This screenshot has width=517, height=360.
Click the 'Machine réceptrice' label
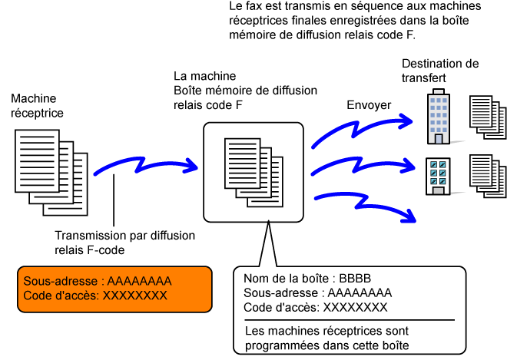37,106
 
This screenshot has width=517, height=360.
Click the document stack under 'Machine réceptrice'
51,173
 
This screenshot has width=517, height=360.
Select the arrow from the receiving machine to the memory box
145,165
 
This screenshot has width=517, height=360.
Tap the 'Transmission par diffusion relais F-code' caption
124,243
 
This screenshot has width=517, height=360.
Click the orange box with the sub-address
114,289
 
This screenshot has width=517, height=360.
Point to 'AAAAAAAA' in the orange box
139,281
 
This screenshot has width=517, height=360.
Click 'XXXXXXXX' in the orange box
135,296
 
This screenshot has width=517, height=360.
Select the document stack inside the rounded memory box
254,172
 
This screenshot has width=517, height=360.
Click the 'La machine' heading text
205,76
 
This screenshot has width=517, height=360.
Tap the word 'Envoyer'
369,105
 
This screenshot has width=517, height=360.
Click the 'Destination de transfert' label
440,71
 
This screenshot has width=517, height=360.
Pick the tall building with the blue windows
439,116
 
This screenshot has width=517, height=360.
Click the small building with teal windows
438,177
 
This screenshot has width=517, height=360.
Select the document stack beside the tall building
488,117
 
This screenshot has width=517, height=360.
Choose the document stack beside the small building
488,176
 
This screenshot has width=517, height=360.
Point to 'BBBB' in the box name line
355,279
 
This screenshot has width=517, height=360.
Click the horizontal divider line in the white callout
350,320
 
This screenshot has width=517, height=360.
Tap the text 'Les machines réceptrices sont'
326,331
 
